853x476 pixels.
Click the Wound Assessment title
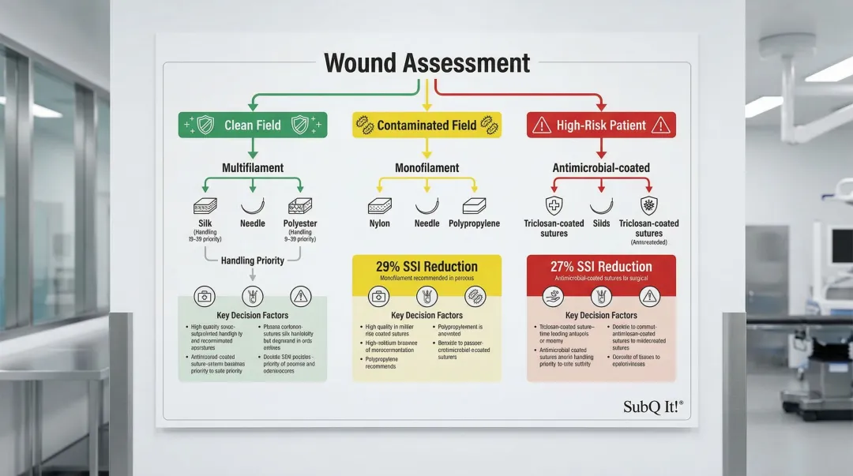(426, 63)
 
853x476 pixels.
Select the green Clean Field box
(253, 125)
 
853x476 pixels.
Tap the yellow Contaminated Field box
(426, 125)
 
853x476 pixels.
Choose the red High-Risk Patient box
(601, 125)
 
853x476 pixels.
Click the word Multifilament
(253, 167)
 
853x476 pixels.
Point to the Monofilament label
(427, 167)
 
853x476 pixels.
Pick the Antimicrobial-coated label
(602, 167)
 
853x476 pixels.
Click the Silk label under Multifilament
(205, 223)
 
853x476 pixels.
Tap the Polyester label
(300, 223)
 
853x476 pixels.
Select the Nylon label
(380, 223)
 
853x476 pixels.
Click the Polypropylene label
(474, 223)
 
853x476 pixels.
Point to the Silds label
(602, 223)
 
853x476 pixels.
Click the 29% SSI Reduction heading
(427, 266)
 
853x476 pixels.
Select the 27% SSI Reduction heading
(601, 267)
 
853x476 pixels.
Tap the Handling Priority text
(253, 260)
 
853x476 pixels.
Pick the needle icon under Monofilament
(427, 207)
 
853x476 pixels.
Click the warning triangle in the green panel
(301, 296)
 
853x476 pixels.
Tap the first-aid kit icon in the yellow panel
(379, 296)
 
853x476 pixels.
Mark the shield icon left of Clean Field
(205, 125)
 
